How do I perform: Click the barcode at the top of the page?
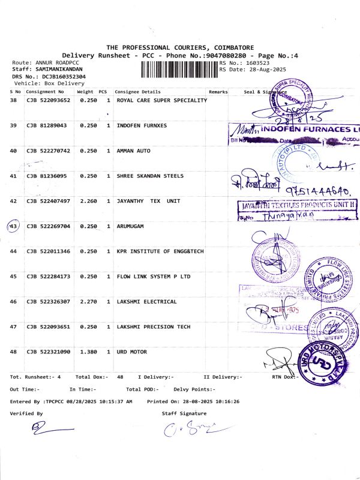point(179,70)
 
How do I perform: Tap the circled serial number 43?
point(13,226)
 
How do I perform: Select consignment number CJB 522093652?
point(48,100)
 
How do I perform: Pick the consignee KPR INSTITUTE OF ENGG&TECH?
point(160,251)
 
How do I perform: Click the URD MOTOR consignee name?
point(133,352)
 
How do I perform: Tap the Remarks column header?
point(218,92)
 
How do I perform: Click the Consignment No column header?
point(45,92)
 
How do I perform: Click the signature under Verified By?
point(51,428)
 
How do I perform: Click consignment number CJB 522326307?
point(48,302)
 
